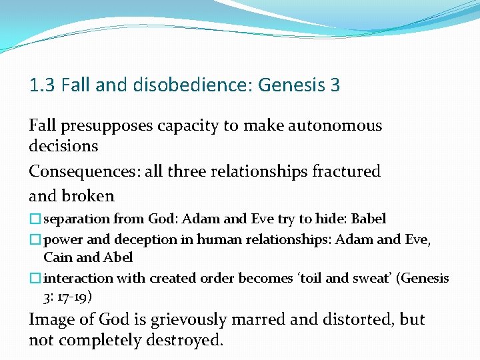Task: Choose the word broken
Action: tap(91, 196)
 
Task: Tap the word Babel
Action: tap(369, 219)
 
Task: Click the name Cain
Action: tap(58, 257)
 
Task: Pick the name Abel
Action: tap(118, 257)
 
